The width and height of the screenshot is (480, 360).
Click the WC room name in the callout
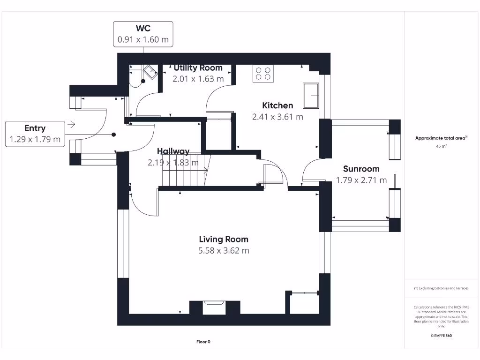click(x=143, y=28)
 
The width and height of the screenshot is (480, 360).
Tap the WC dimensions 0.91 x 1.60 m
click(x=143, y=39)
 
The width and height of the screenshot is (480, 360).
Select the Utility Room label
click(x=198, y=67)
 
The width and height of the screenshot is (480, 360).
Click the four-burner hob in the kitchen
click(x=263, y=74)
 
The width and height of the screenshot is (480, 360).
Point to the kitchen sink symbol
click(x=311, y=96)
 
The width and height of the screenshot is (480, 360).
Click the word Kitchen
click(x=277, y=105)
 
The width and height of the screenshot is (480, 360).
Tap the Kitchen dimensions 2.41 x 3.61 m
click(x=277, y=117)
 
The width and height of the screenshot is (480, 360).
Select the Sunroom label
click(x=361, y=169)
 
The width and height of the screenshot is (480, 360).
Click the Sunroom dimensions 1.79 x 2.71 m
click(x=361, y=180)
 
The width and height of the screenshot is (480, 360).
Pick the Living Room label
click(x=224, y=240)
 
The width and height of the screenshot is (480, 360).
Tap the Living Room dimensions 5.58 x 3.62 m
click(x=224, y=251)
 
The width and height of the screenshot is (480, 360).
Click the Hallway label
click(x=173, y=151)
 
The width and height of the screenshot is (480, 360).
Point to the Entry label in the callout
click(x=35, y=128)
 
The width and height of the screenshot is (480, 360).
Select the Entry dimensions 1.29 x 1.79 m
click(x=35, y=139)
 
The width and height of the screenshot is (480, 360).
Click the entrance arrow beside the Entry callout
click(x=71, y=124)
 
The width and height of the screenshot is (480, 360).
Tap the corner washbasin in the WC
click(x=150, y=72)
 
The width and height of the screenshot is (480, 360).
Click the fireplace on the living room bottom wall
click(x=214, y=307)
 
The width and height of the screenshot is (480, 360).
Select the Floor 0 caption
click(x=203, y=342)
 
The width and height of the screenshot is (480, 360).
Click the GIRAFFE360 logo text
click(x=441, y=336)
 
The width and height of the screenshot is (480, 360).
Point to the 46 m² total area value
click(x=441, y=146)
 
